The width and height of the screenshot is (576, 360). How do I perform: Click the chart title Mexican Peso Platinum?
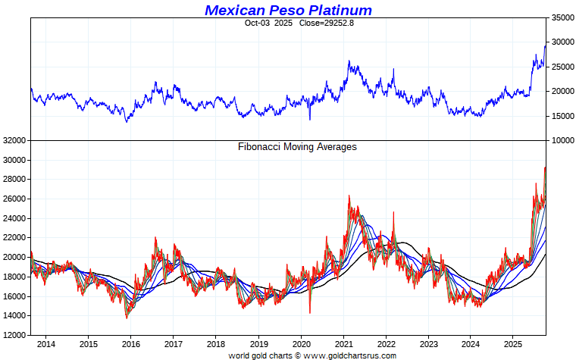288,10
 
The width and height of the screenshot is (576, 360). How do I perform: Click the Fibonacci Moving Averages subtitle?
297,147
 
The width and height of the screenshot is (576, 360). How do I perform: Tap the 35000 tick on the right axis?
560,17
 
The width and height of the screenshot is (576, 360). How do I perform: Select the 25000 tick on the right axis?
560,67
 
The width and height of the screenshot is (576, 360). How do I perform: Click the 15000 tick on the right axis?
560,116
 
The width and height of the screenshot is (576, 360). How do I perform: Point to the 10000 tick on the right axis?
560,141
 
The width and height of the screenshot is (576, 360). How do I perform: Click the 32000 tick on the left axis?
14,141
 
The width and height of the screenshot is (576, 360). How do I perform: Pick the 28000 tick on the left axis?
14,180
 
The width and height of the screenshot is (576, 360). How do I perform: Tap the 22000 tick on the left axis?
14,238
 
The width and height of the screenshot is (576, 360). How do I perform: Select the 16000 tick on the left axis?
14,296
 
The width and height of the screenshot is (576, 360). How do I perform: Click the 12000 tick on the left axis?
14,335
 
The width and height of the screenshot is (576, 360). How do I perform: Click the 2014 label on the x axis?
45,343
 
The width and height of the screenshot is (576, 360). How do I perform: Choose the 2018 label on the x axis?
216,343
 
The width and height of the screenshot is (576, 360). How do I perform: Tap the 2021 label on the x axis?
345,343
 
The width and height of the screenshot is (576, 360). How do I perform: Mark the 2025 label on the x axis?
515,343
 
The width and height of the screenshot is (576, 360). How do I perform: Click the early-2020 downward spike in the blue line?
309,119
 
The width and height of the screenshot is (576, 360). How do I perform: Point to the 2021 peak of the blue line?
349,61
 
